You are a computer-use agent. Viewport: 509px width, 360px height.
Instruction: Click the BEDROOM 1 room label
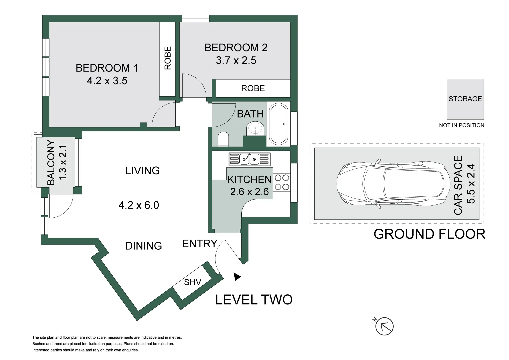tap(107, 68)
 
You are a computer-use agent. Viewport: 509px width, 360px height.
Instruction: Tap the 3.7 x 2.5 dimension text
tap(236, 60)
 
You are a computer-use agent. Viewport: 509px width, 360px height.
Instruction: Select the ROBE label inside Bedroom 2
tap(253, 88)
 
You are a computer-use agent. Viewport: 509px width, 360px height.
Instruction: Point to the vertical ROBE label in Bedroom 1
tap(167, 58)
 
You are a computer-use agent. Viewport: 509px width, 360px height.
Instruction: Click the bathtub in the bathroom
tap(278, 124)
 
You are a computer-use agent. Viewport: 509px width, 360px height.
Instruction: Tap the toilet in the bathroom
tap(223, 139)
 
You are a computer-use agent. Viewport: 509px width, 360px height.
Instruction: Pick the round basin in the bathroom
tap(255, 128)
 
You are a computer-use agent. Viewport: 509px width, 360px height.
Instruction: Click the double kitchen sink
tap(250, 159)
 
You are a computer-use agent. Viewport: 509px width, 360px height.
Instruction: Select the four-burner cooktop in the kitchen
tap(282, 182)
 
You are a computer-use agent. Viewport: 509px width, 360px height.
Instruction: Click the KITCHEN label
tap(250, 180)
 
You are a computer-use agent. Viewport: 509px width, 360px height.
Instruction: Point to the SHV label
tap(192, 282)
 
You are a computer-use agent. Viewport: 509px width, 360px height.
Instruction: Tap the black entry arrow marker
tap(237, 277)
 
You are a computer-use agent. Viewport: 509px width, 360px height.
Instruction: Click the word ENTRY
tap(200, 244)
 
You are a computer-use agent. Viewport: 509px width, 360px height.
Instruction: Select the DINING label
tap(144, 246)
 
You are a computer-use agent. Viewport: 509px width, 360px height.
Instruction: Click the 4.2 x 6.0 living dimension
tap(139, 205)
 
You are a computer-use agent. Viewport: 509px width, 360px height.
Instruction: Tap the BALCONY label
tap(51, 163)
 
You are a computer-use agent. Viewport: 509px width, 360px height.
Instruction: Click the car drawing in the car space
tap(393, 184)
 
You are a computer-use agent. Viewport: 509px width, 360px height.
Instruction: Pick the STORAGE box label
tap(465, 99)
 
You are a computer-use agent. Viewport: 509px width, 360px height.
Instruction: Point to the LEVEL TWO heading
tap(254, 300)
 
